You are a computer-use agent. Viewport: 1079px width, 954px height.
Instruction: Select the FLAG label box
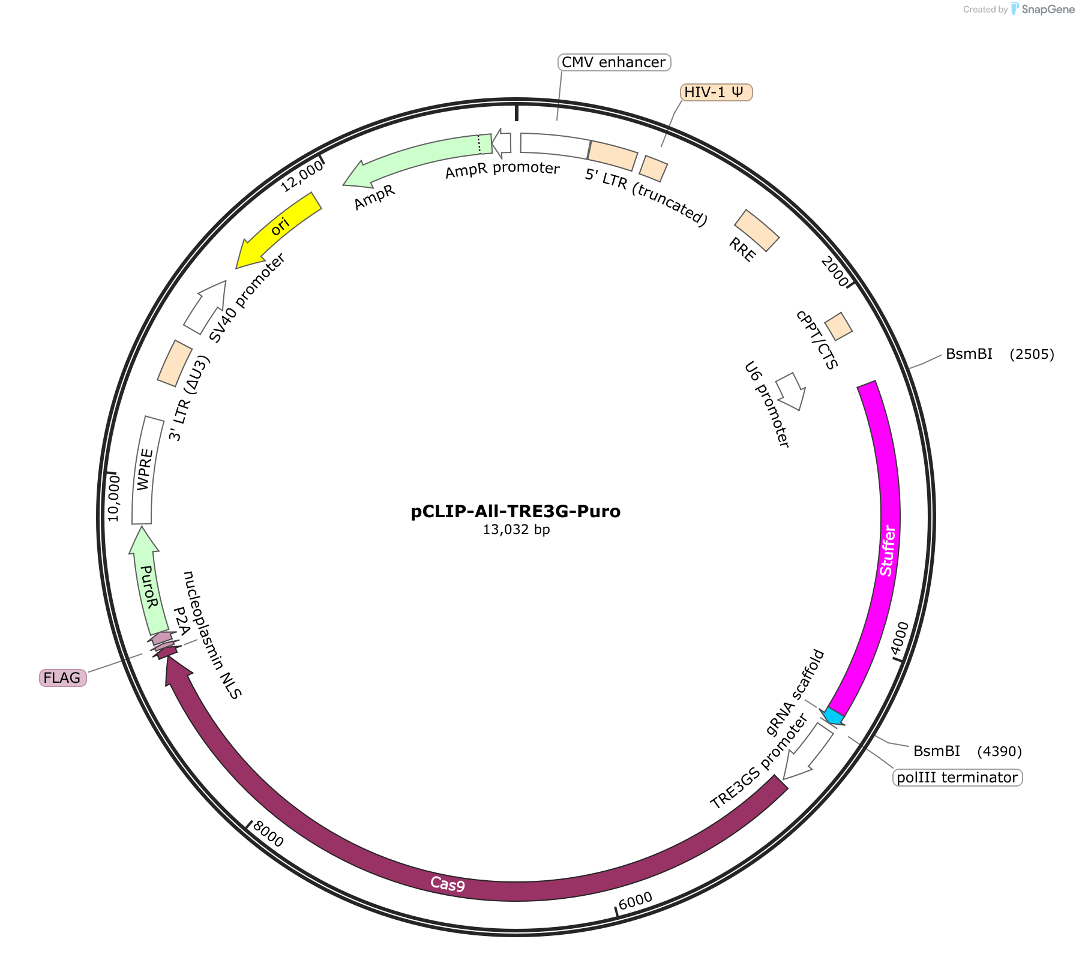click(62, 678)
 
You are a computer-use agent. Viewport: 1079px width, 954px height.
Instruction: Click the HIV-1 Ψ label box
click(716, 92)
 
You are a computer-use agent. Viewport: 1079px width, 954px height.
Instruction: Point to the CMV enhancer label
click(614, 62)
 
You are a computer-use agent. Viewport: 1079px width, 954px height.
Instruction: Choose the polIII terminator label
click(957, 778)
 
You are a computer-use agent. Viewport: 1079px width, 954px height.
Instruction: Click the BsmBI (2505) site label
click(1000, 354)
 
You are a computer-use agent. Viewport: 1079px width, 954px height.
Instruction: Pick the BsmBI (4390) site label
click(967, 751)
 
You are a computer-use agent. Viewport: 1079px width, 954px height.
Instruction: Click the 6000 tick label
click(635, 901)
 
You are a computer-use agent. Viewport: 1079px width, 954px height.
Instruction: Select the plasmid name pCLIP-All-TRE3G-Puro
click(516, 511)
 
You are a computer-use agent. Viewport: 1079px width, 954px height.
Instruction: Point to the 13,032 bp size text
click(517, 530)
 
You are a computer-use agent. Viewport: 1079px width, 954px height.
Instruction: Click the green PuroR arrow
click(146, 581)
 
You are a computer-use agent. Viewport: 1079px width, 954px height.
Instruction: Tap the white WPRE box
click(145, 470)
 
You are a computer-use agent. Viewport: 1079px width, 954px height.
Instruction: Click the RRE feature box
click(757, 230)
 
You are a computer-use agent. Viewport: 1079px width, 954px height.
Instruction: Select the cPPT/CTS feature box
click(838, 326)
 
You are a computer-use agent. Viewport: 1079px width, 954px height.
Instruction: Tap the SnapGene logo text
click(1048, 10)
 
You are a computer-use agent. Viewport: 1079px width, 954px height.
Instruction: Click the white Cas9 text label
click(448, 884)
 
